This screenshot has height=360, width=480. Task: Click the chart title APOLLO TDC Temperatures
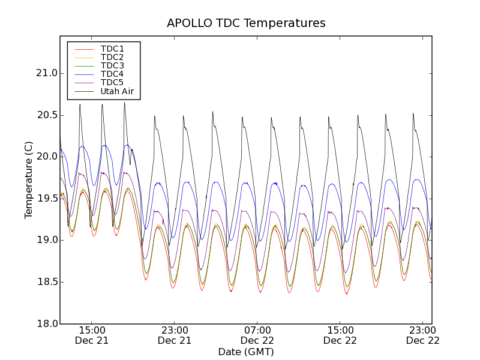pyautogui.click(x=246, y=23)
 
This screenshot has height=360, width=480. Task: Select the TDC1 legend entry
pyautogui.click(x=112, y=49)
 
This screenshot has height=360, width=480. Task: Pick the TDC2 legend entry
pyautogui.click(x=112, y=57)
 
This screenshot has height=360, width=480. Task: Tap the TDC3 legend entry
pyautogui.click(x=112, y=65)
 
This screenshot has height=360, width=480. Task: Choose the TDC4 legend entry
pyautogui.click(x=112, y=74)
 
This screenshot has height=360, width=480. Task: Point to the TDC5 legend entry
pyautogui.click(x=112, y=82)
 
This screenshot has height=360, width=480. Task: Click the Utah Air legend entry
pyautogui.click(x=117, y=91)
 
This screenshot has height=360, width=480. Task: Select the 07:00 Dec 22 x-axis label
pyautogui.click(x=257, y=335)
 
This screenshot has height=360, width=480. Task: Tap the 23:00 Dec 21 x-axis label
pyautogui.click(x=175, y=335)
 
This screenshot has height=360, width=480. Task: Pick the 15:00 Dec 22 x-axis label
pyautogui.click(x=340, y=335)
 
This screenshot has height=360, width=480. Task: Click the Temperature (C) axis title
pyautogui.click(x=29, y=180)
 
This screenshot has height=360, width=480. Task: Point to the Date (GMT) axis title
pyautogui.click(x=246, y=352)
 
